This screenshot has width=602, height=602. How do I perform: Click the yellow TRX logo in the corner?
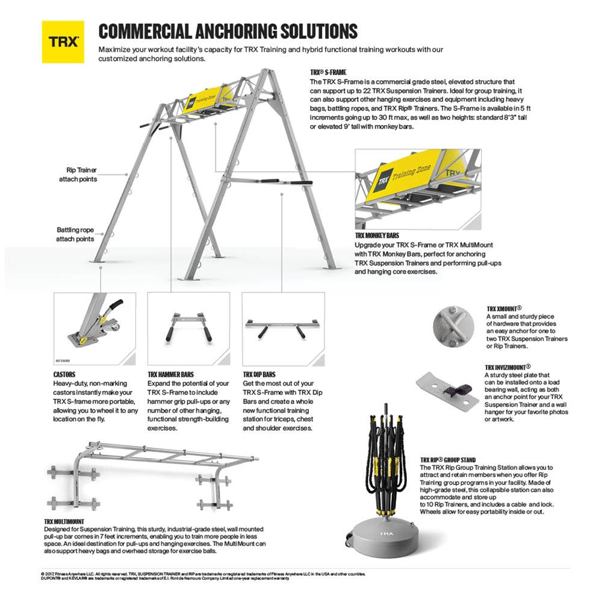(62, 42)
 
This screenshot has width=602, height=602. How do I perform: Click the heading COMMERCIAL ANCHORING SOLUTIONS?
(228, 31)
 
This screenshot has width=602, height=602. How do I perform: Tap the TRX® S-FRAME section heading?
(328, 72)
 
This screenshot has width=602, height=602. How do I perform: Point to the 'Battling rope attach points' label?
(75, 234)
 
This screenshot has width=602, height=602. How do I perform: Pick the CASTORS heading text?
(64, 373)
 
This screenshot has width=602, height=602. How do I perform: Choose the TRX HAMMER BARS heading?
(171, 374)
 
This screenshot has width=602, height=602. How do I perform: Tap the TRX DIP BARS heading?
(260, 374)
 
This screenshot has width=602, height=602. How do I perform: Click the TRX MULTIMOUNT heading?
(64, 521)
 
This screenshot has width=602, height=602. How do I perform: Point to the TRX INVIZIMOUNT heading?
(508, 367)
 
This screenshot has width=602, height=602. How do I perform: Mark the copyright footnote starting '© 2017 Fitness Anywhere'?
(199, 573)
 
